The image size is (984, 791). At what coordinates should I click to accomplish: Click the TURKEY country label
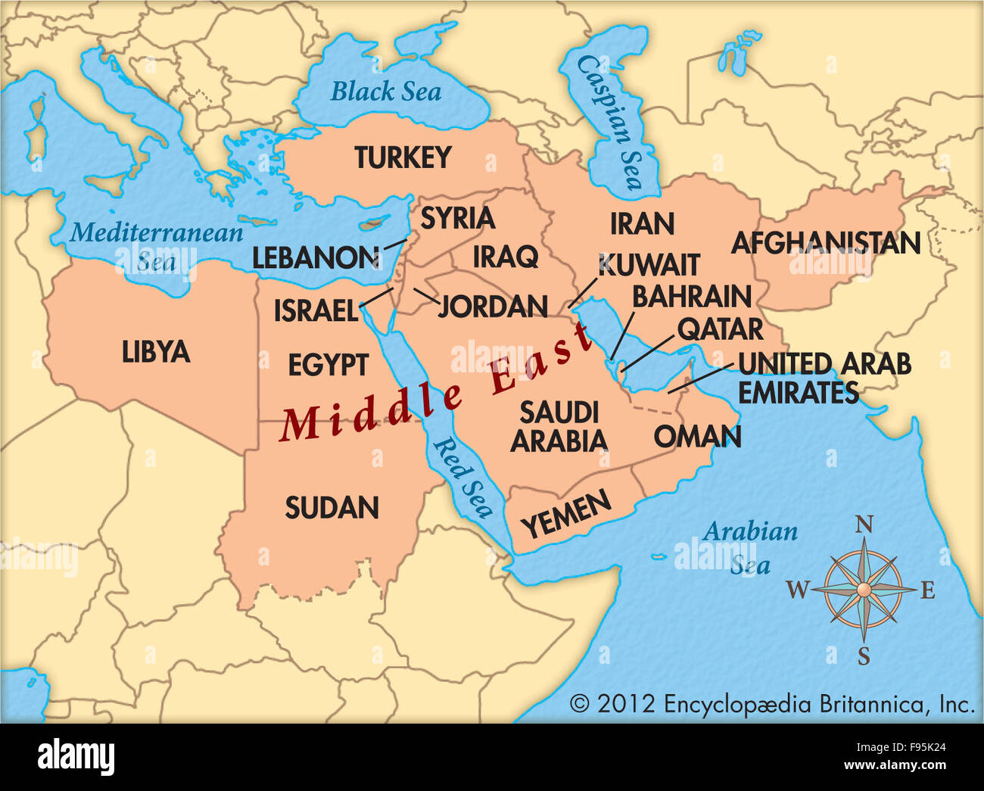pos(403,158)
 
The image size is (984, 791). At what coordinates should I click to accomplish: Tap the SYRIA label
pos(457,218)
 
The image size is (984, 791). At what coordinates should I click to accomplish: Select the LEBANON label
pos(316,258)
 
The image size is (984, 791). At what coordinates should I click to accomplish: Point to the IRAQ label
pos(506,257)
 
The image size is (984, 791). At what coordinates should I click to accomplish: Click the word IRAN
pos(642,224)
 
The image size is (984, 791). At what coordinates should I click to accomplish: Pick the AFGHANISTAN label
pos(825,243)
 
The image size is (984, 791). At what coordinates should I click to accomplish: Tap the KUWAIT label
pos(649,266)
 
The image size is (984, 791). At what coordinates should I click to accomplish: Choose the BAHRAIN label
pos(691,297)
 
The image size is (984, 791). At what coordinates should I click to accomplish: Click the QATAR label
pos(720,329)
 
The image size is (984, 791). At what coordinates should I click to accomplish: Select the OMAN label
pos(697,437)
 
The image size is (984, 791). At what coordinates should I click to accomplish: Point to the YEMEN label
pos(566,514)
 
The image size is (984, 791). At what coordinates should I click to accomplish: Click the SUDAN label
pos(332,508)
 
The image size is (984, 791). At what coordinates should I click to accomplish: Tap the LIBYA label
pos(156,352)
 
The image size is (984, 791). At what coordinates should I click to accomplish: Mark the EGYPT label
pos(328,366)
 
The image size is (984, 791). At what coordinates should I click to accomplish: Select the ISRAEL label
pos(315,310)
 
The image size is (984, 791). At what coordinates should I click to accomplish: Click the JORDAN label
pos(493,307)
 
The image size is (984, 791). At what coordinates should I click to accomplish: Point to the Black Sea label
pos(385,92)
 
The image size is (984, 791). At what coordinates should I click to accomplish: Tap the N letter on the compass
pos(864,525)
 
